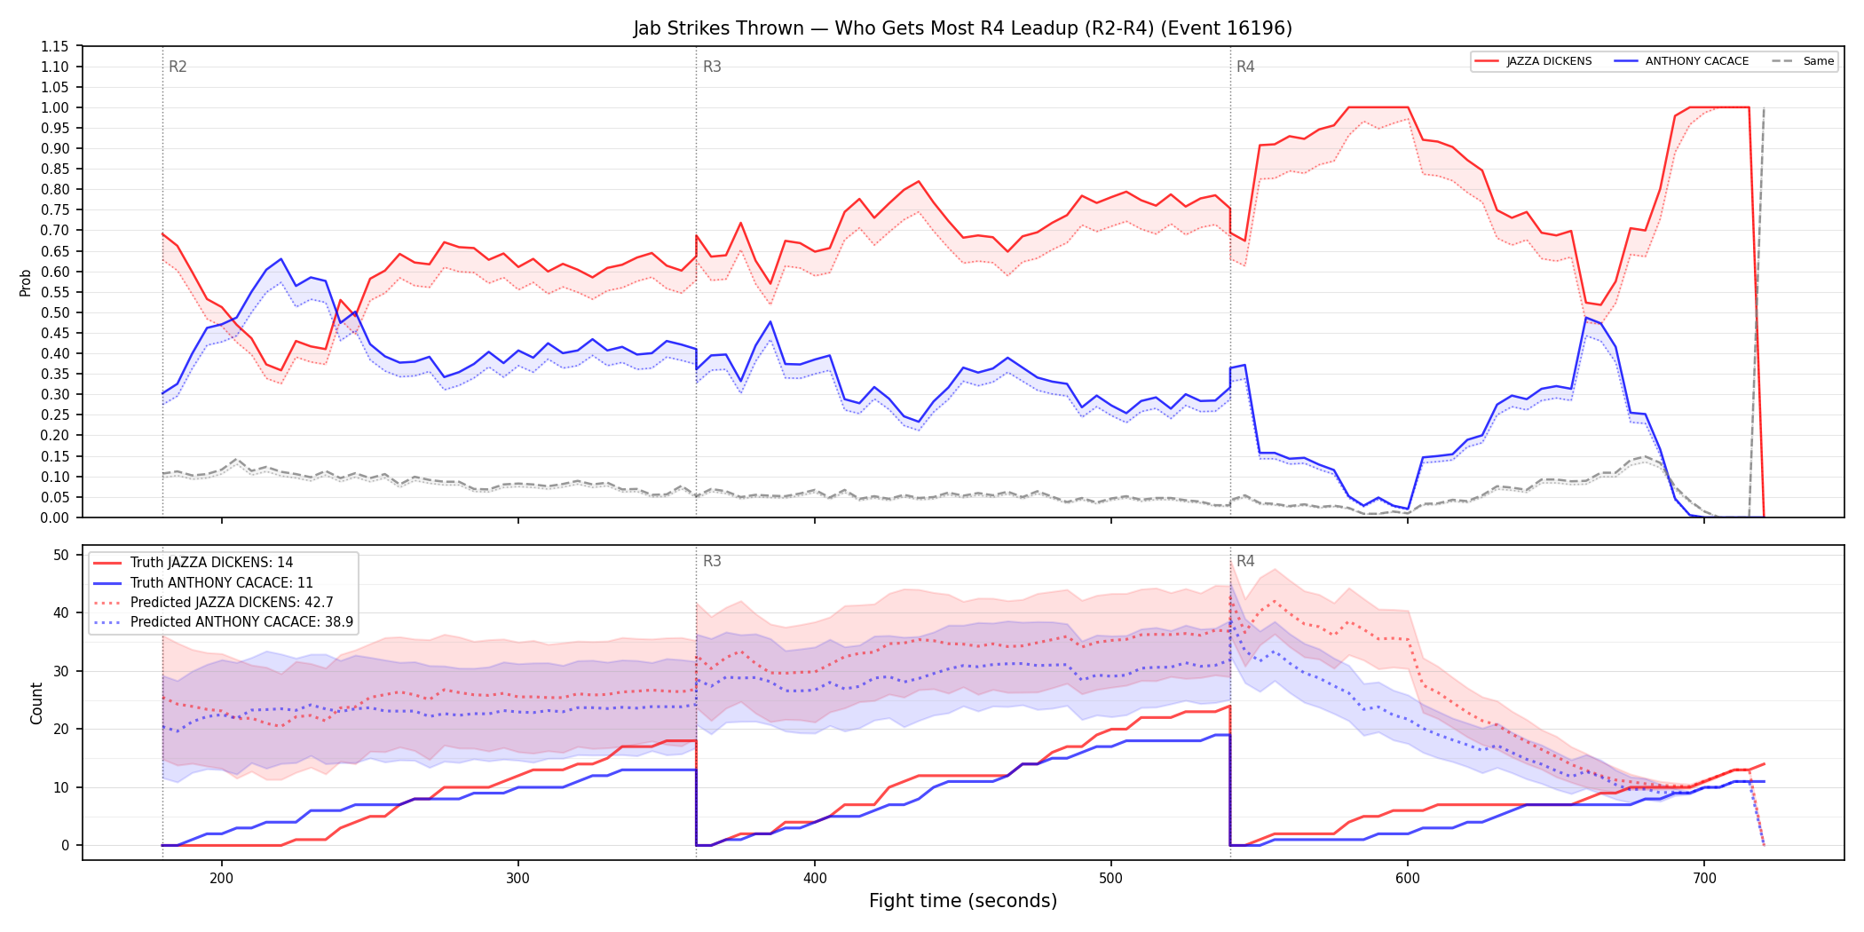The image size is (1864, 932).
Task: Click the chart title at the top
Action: (963, 28)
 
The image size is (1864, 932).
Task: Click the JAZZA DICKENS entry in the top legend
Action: (1533, 61)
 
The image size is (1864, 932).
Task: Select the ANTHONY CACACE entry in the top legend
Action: (1681, 61)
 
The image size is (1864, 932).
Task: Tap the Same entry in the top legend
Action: (1803, 61)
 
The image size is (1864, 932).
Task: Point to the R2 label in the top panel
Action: (178, 67)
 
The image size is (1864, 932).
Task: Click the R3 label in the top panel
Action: (712, 67)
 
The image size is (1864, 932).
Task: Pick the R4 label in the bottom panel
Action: (1245, 561)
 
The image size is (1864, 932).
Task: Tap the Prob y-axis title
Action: (26, 282)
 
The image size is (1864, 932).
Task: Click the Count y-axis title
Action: (36, 703)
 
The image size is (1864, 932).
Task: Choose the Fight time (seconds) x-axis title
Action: (963, 901)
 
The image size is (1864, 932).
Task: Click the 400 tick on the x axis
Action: (815, 879)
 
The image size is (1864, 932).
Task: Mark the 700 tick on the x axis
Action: (1704, 879)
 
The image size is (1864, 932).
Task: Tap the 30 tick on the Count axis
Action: (61, 671)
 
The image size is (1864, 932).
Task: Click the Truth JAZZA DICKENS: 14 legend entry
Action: (194, 563)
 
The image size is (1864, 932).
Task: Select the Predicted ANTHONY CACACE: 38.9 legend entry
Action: (224, 622)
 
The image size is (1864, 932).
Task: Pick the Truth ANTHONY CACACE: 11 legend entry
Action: (203, 583)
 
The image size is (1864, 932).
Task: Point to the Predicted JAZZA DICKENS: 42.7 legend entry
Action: (214, 603)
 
